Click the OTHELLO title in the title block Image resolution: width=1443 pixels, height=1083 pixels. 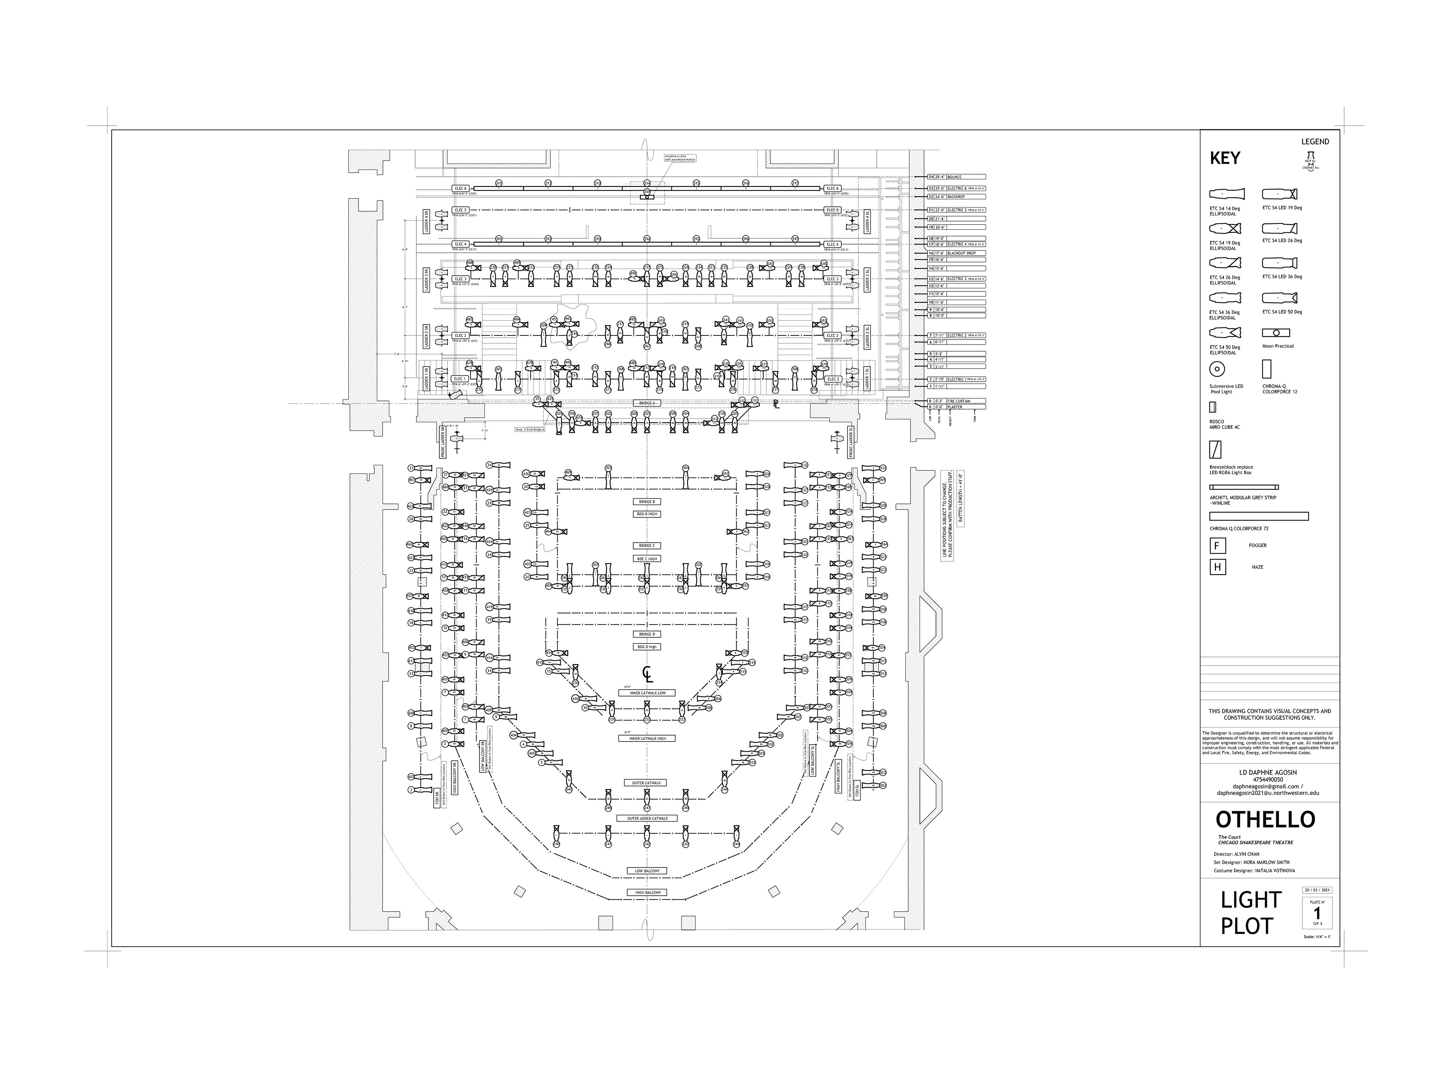(1265, 820)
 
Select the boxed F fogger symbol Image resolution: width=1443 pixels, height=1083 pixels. (1217, 546)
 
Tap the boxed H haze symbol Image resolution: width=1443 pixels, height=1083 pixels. (1217, 567)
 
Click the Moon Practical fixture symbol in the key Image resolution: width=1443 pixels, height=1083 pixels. (1276, 333)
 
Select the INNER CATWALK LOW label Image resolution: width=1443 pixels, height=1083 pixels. (647, 693)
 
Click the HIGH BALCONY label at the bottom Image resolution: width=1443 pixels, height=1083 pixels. (647, 892)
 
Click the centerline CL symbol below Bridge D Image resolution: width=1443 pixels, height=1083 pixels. (647, 674)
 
